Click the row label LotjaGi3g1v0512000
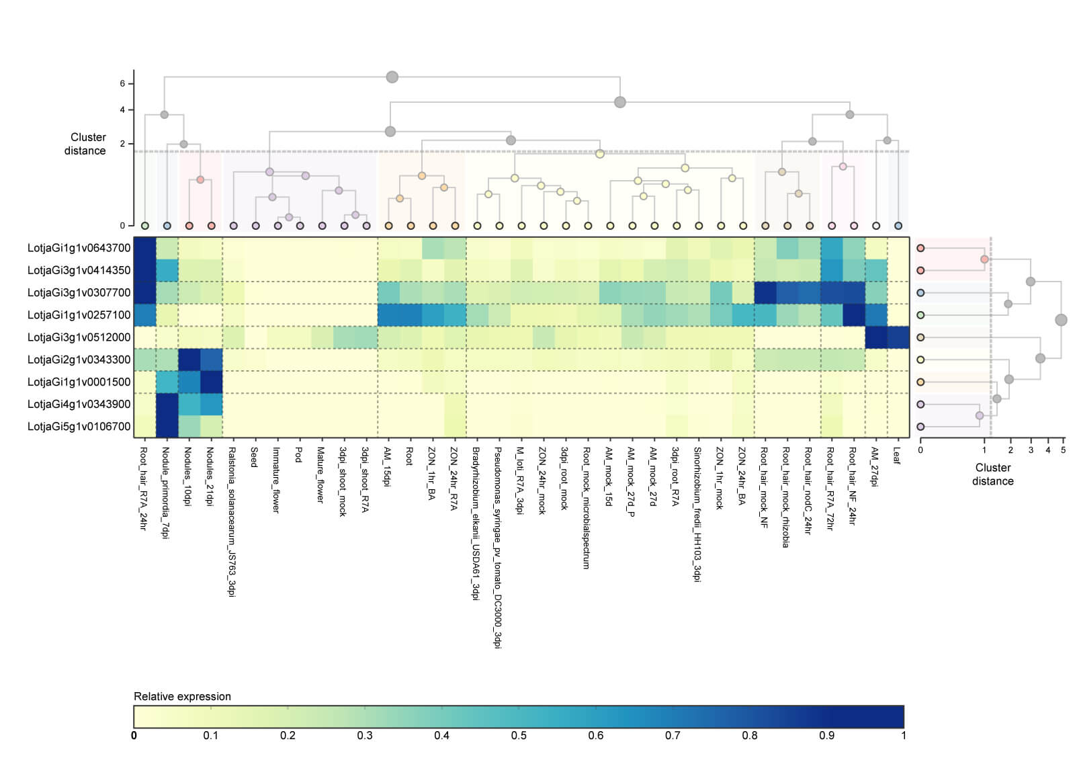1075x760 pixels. click(79, 337)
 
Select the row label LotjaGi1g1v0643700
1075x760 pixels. click(79, 248)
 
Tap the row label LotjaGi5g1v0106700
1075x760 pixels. click(79, 427)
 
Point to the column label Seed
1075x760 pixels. click(255, 457)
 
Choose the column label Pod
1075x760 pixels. click(299, 455)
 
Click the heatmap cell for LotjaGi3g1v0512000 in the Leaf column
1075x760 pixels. click(898, 337)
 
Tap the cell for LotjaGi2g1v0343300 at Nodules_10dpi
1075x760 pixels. click(189, 360)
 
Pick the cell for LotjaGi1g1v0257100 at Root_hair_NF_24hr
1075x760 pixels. click(853, 314)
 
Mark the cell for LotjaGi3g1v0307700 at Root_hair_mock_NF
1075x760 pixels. click(765, 292)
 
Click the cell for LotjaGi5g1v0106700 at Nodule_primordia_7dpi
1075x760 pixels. click(167, 427)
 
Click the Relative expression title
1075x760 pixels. click(182, 697)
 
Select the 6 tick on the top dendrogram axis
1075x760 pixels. click(122, 83)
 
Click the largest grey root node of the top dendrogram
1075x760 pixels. click(392, 77)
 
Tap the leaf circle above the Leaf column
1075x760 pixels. click(898, 226)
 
